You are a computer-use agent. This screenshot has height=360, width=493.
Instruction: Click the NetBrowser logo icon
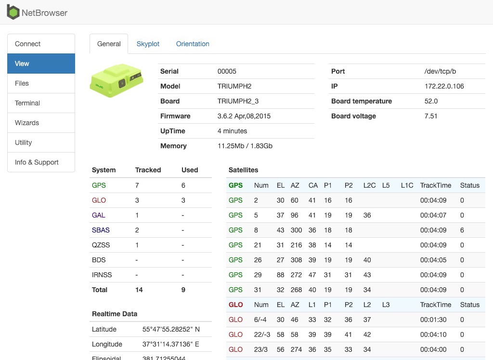click(x=13, y=12)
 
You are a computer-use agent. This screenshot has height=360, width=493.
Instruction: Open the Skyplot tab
click(x=148, y=44)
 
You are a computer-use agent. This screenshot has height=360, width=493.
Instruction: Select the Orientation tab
click(x=193, y=44)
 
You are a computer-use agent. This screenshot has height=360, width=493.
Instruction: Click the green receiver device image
click(x=117, y=80)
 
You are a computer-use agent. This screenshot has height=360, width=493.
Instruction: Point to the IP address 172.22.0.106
click(x=444, y=86)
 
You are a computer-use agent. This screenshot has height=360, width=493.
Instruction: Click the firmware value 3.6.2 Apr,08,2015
click(x=244, y=116)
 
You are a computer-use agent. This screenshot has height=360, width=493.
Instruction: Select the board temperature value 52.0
click(x=431, y=101)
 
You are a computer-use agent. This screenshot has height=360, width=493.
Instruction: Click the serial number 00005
click(x=227, y=71)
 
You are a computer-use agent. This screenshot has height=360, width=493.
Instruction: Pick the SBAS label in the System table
click(x=101, y=230)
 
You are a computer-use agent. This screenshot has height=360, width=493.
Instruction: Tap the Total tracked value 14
click(x=139, y=290)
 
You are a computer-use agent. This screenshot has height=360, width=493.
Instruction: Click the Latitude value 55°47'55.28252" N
click(x=171, y=329)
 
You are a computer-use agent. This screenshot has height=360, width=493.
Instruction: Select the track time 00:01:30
click(x=433, y=320)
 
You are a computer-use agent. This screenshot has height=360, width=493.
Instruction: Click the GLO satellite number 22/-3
click(x=262, y=334)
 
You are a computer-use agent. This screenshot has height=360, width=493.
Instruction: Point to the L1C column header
click(x=407, y=185)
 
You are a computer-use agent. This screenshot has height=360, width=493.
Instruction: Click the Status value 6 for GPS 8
click(x=462, y=230)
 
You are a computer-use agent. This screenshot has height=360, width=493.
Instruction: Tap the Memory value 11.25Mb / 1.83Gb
click(x=245, y=146)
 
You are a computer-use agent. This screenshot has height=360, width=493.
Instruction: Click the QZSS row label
click(x=101, y=245)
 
